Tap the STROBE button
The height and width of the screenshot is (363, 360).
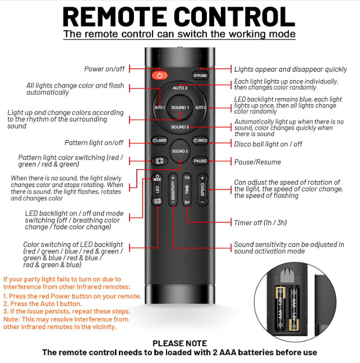200,75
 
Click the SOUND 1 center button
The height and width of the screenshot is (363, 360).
180,107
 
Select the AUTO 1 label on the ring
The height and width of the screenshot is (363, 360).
159,108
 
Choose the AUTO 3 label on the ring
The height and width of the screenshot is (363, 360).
201,108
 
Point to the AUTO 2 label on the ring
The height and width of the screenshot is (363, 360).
180,89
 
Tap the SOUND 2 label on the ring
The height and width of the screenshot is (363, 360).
180,127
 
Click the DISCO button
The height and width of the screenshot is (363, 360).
200,140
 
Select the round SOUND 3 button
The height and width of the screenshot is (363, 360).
180,152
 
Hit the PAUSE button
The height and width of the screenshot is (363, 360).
200,161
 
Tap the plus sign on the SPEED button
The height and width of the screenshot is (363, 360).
202,179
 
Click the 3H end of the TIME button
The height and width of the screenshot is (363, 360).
187,202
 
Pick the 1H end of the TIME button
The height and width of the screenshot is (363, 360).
187,178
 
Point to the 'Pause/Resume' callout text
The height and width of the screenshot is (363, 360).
258,162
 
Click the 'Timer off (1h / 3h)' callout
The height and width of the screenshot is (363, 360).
261,222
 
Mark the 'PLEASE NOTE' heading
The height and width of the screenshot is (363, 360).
179,343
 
